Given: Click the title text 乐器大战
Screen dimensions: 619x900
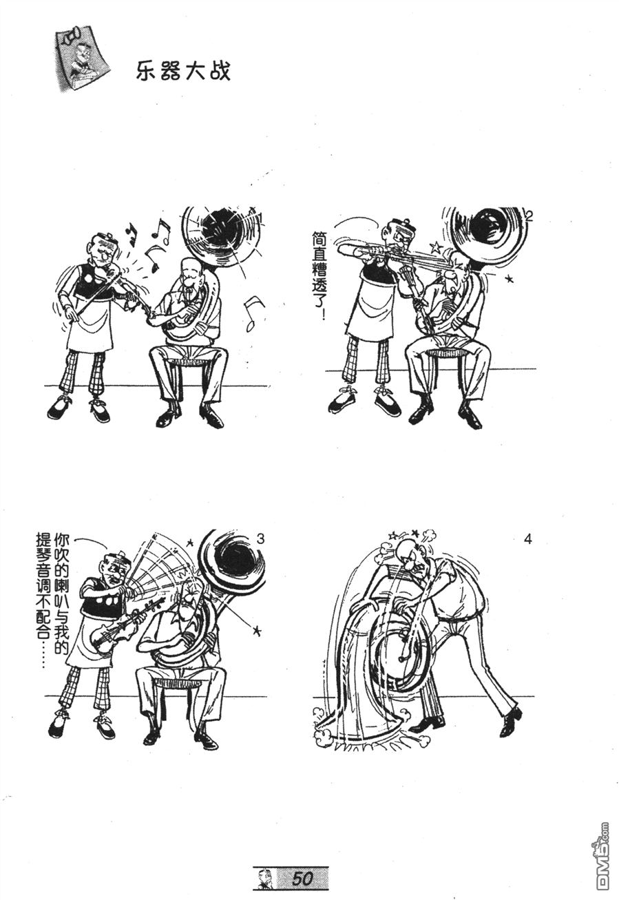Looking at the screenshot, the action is click(x=183, y=72).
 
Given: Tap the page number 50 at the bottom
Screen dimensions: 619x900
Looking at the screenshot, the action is click(x=302, y=878).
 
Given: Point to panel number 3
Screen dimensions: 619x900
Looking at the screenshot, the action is click(x=260, y=538).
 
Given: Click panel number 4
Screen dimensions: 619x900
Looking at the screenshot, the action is click(x=528, y=540).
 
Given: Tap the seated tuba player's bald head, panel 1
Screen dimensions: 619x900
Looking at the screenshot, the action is click(x=189, y=270).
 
